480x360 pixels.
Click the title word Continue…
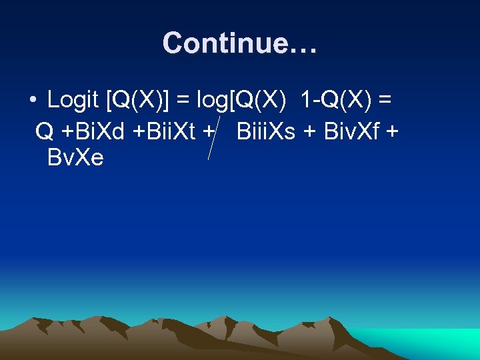pyautogui.click(x=240, y=43)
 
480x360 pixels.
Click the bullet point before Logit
pyautogui.click(x=32, y=101)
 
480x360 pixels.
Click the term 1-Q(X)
pyautogui.click(x=336, y=101)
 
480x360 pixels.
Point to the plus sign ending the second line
pyautogui.click(x=392, y=131)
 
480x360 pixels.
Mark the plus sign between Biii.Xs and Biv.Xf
pyautogui.click(x=310, y=131)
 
